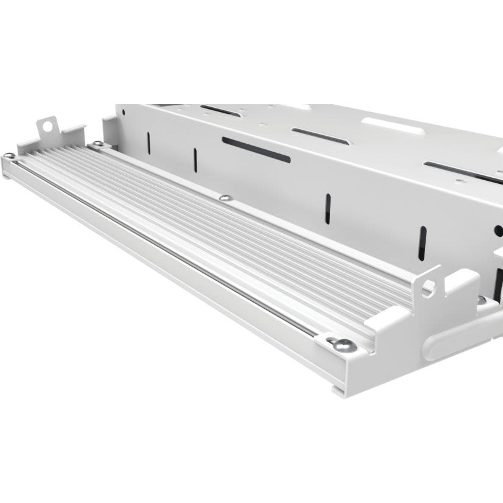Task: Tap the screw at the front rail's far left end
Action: (x=10, y=156)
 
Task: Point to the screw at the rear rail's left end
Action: (x=96, y=144)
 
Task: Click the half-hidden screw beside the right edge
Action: (x=481, y=300)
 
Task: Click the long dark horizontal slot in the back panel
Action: (x=256, y=150)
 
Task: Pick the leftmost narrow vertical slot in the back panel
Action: (x=148, y=142)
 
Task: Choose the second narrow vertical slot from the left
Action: (x=195, y=160)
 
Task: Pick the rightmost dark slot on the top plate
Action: (x=463, y=172)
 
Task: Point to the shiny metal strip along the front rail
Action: (x=164, y=244)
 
